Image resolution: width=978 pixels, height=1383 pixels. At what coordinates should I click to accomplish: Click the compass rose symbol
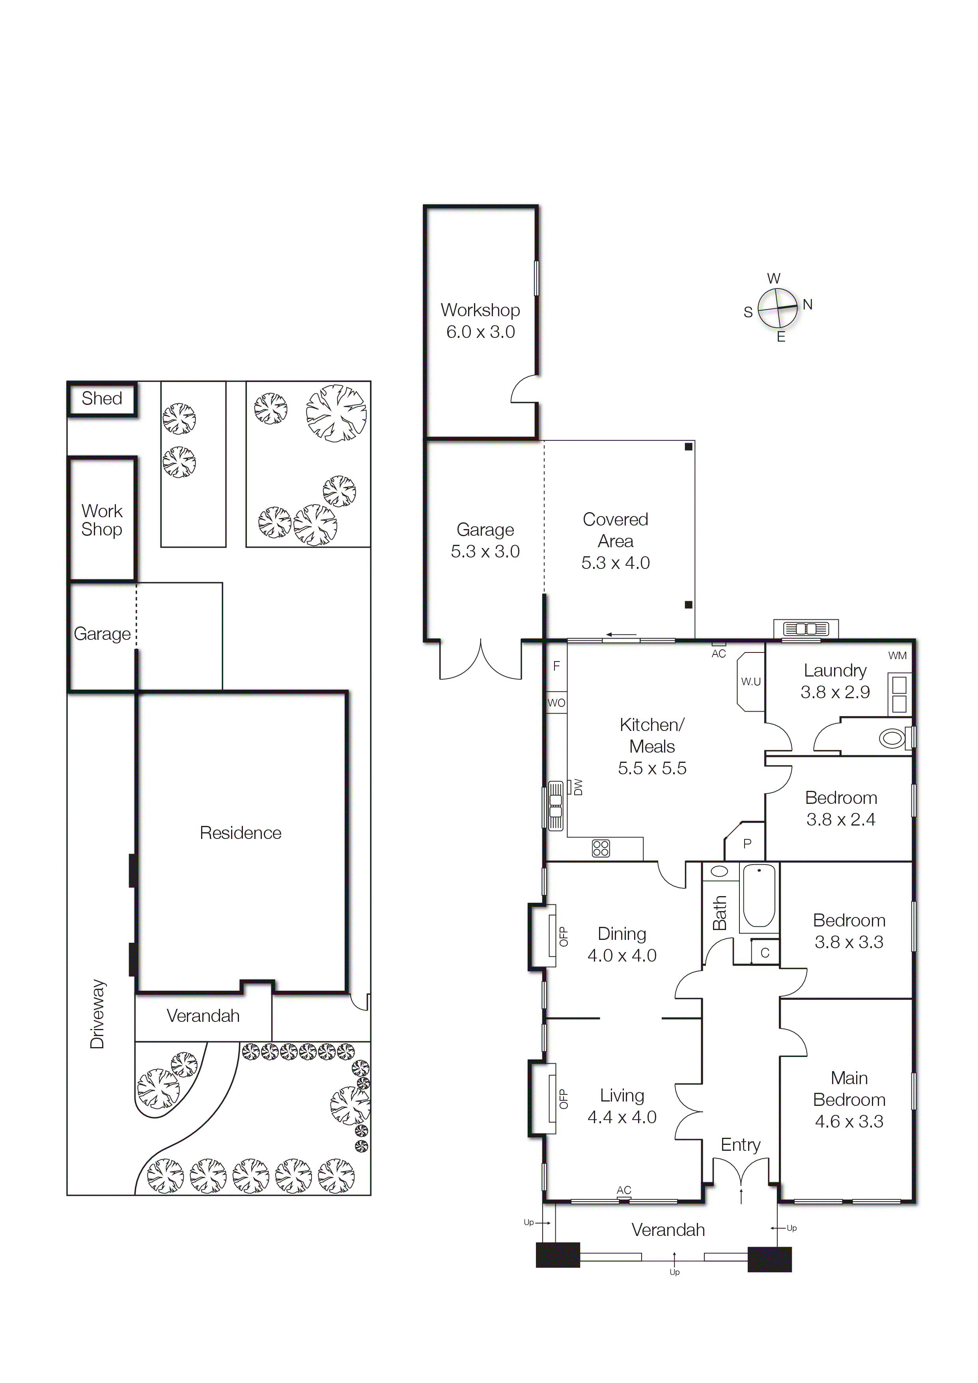coord(777,308)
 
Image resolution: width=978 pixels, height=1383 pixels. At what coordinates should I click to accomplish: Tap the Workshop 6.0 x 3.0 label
coord(480,321)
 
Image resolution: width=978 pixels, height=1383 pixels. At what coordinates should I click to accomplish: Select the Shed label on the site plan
coord(102,398)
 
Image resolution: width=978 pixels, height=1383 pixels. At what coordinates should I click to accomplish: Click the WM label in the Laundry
coord(897,655)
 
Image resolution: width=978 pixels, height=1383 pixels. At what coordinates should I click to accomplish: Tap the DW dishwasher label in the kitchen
coord(578,787)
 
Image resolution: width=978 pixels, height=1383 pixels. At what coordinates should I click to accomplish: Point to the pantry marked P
coord(747,844)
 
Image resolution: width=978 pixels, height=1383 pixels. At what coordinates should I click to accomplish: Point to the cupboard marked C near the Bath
coord(765,952)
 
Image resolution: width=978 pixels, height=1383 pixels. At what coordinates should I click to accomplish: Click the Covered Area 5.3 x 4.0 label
coord(615,541)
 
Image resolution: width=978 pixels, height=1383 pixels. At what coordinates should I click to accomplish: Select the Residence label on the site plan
coord(241,833)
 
